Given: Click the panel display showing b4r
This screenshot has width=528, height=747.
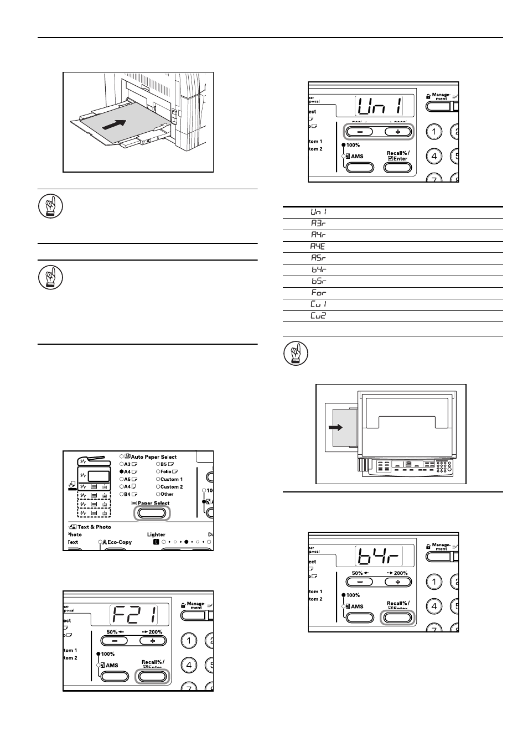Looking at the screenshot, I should click(x=378, y=556).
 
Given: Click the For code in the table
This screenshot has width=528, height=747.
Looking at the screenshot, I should click(x=318, y=293).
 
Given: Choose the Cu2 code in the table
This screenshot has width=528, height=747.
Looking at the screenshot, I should click(x=318, y=316).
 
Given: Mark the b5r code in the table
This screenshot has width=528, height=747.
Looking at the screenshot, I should click(x=318, y=281).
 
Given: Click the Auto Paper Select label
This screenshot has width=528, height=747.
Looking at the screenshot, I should click(x=153, y=457).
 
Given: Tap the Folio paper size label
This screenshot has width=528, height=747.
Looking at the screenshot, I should click(x=166, y=471).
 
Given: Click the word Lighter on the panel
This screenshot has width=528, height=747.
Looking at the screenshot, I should click(x=156, y=535).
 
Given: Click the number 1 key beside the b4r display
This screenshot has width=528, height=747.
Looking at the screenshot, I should click(x=433, y=582).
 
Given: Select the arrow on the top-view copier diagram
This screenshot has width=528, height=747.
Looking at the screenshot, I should click(x=335, y=427).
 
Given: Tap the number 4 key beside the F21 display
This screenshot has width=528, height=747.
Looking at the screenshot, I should click(x=189, y=665).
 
